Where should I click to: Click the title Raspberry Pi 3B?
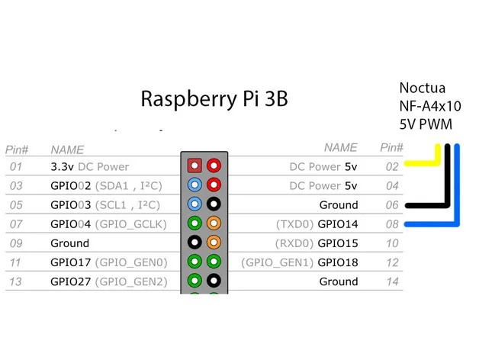click(214, 99)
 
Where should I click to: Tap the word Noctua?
click(423, 88)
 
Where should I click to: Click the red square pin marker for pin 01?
click(194, 164)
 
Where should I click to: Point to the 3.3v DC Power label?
click(89, 166)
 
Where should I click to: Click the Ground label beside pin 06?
click(338, 205)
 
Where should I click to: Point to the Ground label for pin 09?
click(69, 243)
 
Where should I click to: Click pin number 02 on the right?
click(391, 166)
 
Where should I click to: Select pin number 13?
click(17, 281)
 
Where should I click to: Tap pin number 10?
click(391, 243)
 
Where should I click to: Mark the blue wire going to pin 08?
click(431, 224)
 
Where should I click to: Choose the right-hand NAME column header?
click(340, 148)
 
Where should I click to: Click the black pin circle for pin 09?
click(194, 242)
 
